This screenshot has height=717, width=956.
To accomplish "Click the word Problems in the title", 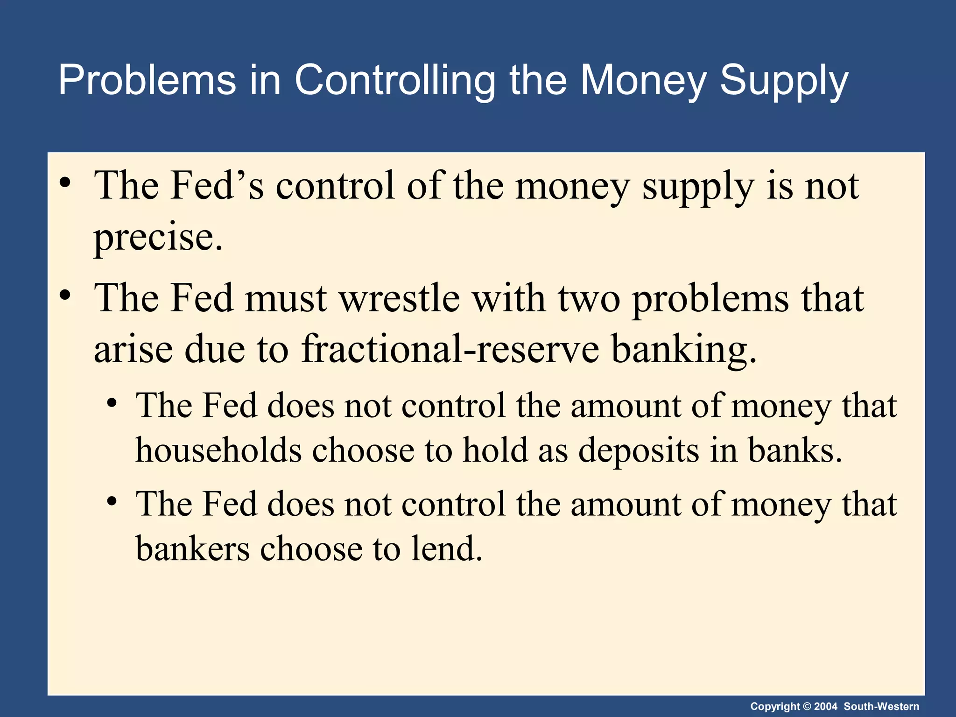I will [x=147, y=80].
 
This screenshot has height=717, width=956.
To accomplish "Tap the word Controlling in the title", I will [x=394, y=80].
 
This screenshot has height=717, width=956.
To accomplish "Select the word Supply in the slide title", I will [x=784, y=80].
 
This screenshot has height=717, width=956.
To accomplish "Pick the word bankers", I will [x=193, y=548].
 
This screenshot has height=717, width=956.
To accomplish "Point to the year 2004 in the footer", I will [x=826, y=706].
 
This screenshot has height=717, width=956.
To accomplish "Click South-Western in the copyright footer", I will [x=881, y=706].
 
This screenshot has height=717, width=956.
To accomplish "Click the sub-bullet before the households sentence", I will [x=111, y=403].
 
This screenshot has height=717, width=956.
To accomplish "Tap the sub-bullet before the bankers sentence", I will [x=111, y=501].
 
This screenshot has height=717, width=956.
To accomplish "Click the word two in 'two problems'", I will [x=589, y=298].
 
